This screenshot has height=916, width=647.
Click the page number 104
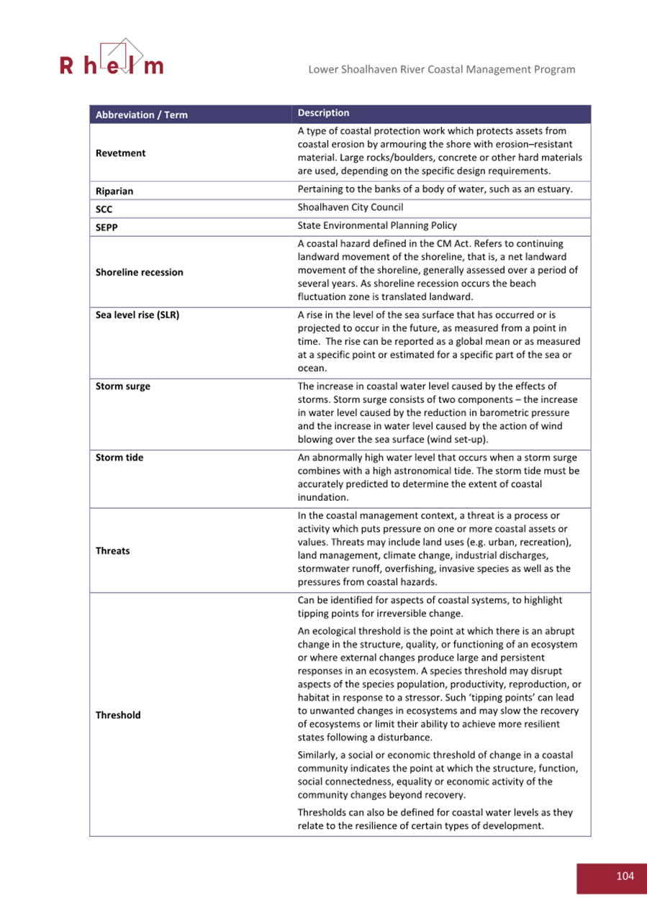(625, 876)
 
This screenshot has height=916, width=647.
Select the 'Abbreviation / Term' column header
(141, 115)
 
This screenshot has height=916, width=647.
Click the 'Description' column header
(323, 113)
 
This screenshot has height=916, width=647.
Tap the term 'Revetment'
(120, 153)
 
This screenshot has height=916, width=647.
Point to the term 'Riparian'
(114, 191)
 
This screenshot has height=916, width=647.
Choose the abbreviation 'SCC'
(104, 209)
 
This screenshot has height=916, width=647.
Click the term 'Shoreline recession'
(139, 272)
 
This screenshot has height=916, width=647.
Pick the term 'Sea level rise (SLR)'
(137, 315)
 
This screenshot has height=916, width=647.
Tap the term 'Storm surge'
(122, 386)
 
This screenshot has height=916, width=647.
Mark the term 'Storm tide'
(119, 458)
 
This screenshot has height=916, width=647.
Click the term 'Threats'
(112, 550)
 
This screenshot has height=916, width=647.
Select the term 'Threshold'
(118, 715)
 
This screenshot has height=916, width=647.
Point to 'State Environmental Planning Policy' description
(376, 226)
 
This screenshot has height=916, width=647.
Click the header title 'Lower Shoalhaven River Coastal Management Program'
(441, 70)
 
